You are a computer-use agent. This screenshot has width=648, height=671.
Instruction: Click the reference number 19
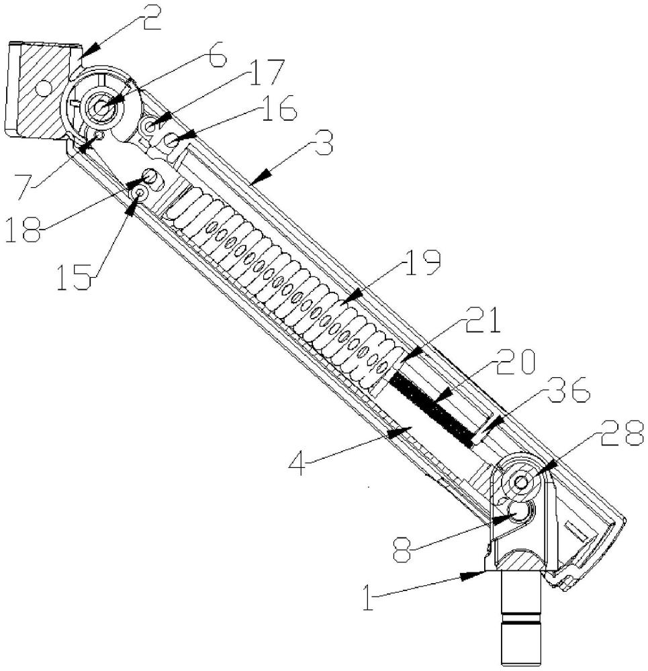[x=419, y=263]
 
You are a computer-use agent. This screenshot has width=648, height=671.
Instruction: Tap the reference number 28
[x=622, y=432]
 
